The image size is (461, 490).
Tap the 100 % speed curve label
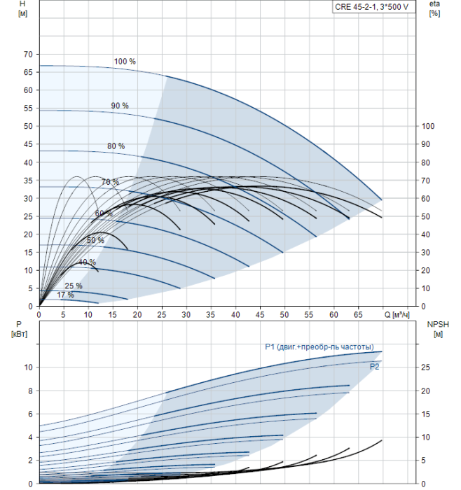125,62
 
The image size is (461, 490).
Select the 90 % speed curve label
120,106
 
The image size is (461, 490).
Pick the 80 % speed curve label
116,146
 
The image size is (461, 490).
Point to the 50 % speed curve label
95,241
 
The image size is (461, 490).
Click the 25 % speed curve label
74,286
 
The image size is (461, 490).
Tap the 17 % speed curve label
65,295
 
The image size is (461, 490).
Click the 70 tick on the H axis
28,54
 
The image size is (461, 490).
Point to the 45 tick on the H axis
28,144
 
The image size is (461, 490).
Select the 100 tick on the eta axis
429,126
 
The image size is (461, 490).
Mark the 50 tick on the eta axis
427,216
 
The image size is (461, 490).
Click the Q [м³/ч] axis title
406,316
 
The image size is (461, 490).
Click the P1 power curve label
319,347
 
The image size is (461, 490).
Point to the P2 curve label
375,366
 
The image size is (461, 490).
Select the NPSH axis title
435,324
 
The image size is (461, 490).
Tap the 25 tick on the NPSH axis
427,367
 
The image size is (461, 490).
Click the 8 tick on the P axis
30,391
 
